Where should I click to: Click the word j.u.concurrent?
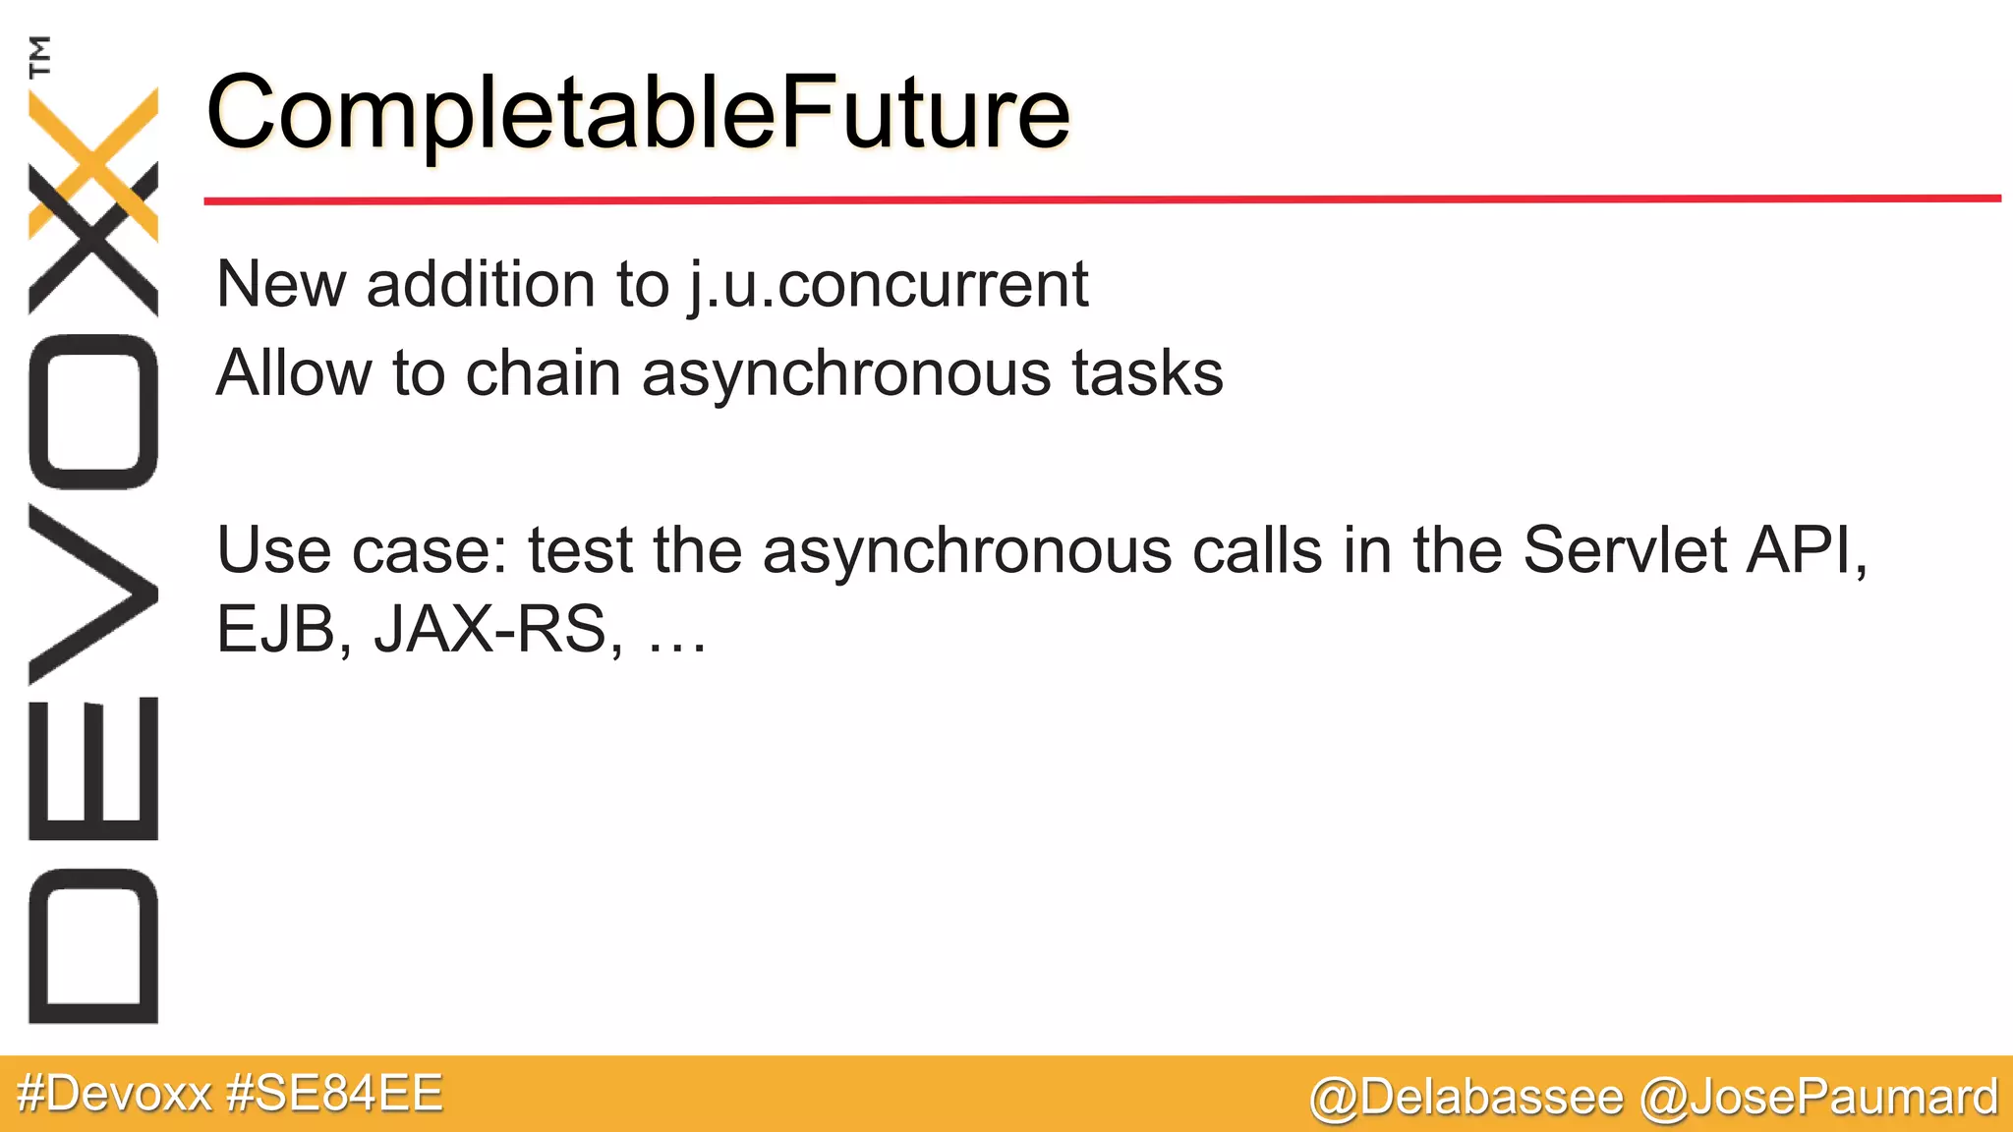888,285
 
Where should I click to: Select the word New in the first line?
281,285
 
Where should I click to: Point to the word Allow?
294,374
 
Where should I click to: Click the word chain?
543,374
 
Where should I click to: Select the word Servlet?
1624,549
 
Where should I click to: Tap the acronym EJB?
275,630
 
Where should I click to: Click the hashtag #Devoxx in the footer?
115,1094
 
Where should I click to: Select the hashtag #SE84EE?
334,1094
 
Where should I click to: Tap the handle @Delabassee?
1466,1097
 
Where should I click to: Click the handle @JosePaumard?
1819,1097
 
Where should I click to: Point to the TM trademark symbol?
40,56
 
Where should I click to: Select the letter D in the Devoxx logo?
93,946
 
